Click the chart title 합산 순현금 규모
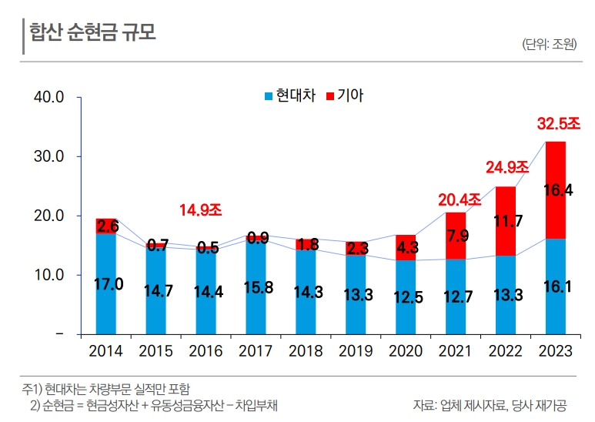pos(92,32)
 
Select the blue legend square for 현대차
pos(269,96)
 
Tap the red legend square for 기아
pos(331,96)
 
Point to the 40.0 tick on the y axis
pos(48,97)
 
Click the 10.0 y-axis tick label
pos(48,275)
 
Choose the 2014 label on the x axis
pos(106,352)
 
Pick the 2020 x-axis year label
pos(406,352)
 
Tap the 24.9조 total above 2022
pos(506,167)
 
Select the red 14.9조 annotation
pos(200,209)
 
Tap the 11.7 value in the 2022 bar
pos(507,222)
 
